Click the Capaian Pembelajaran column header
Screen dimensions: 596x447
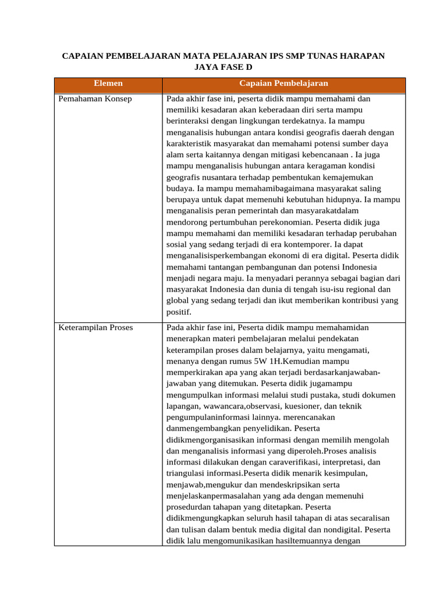[283, 83]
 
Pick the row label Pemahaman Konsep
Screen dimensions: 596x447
[95, 99]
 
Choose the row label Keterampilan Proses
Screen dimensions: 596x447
[96, 328]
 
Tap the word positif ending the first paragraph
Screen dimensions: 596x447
[179, 312]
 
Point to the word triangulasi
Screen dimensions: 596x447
[187, 474]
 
